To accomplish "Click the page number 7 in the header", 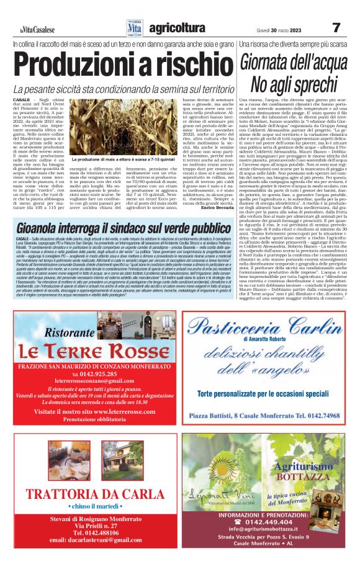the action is (x=336, y=27).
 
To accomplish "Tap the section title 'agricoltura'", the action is (x=177, y=28).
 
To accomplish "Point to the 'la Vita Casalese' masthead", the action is (x=37, y=30).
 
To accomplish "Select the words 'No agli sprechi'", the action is (x=294, y=84).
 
